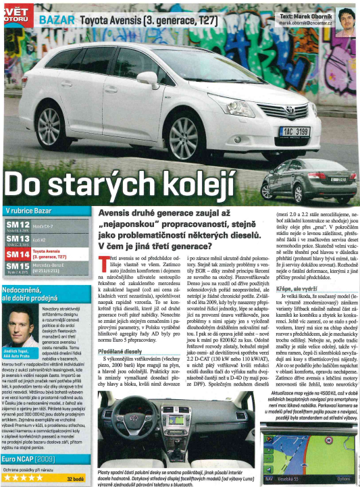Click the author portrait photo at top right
click(346, 18)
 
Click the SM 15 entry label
click(18, 268)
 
